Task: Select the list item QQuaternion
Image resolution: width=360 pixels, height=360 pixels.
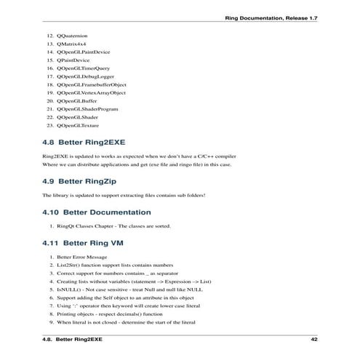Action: tap(71, 36)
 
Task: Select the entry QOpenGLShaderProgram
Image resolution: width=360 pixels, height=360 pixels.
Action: tap(87, 109)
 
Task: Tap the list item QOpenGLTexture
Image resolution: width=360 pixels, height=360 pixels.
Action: tap(78, 125)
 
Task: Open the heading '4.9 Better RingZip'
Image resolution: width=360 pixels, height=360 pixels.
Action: tap(79, 180)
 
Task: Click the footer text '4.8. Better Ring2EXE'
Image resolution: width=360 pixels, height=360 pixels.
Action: tap(72, 339)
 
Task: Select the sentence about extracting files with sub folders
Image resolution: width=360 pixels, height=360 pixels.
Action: tap(123, 196)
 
